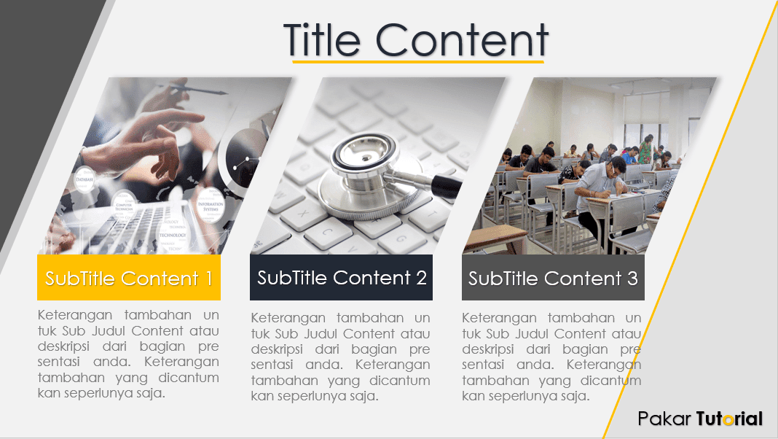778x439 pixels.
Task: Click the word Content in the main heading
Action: coord(462,39)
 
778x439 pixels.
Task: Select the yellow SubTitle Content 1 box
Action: coord(129,277)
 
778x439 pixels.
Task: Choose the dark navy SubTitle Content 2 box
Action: coord(341,277)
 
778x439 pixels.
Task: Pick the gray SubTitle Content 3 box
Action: coord(553,277)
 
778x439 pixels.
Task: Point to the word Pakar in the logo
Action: coord(663,419)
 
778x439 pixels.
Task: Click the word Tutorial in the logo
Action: coord(729,419)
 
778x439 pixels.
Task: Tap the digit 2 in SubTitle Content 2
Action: coord(421,278)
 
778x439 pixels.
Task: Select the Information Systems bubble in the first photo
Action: coord(210,204)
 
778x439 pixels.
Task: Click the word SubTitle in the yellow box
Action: coord(81,278)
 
